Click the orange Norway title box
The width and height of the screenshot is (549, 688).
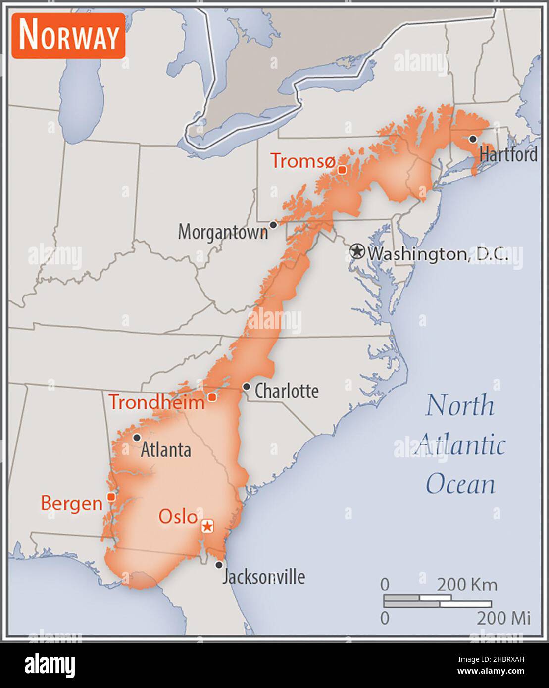pos(68,36)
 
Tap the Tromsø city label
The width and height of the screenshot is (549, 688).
pos(302,161)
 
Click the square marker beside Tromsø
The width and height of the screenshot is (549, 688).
pos(342,170)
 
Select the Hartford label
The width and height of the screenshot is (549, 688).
pos(508,155)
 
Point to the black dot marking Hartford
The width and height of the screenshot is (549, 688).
pos(473,139)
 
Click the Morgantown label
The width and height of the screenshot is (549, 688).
pos(223,232)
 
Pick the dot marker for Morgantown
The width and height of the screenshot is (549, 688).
pos(273,225)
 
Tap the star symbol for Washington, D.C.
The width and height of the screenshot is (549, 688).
pos(356,251)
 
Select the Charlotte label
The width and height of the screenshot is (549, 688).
pos(287,391)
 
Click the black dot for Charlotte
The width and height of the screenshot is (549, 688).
pos(246,386)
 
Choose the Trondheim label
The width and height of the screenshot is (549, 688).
pos(156,402)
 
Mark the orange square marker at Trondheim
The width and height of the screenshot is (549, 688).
pos(212,397)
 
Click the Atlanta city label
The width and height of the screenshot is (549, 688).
pos(166,450)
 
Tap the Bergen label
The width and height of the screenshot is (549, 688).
pos(71,503)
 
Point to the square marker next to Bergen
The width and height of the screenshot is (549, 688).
pos(111,497)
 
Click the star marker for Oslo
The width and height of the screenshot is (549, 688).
pos(207,526)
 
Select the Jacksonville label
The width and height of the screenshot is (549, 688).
pos(263,577)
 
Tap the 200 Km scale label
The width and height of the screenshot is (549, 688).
pos(467,585)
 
